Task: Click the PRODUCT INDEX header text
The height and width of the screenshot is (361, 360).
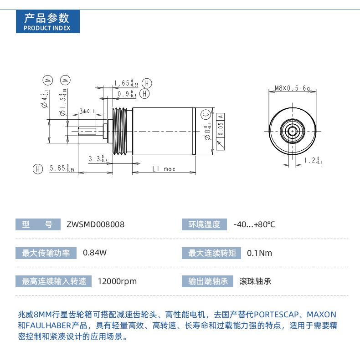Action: pyautogui.click(x=47, y=28)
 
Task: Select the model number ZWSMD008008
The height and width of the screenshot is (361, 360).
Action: pyautogui.click(x=95, y=224)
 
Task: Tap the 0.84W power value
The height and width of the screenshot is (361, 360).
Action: pyautogui.click(x=95, y=253)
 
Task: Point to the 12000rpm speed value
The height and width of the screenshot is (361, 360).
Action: pyautogui.click(x=117, y=281)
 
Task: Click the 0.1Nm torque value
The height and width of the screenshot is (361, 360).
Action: pyautogui.click(x=259, y=253)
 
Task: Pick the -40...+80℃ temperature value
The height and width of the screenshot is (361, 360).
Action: pyautogui.click(x=254, y=224)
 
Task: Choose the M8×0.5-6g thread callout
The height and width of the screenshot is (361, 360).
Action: pyautogui.click(x=292, y=88)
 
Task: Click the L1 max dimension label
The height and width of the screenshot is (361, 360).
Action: pyautogui.click(x=164, y=169)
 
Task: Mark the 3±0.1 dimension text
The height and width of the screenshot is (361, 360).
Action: pyautogui.click(x=87, y=111)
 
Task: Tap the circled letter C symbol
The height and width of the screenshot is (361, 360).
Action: pyautogui.click(x=206, y=114)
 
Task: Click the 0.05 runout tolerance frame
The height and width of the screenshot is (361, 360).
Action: pyautogui.click(x=221, y=132)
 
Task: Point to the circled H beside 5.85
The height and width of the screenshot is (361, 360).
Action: pyautogui.click(x=38, y=169)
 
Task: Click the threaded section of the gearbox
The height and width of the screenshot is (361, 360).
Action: pyautogui.click(x=120, y=131)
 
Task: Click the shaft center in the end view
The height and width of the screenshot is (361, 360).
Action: pyautogui.click(x=293, y=131)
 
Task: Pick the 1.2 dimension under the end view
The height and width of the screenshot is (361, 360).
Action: pyautogui.click(x=313, y=160)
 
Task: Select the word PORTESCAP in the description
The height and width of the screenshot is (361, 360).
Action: pyautogui.click(x=276, y=315)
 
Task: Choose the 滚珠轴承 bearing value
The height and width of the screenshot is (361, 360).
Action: pyautogui.click(x=255, y=281)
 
